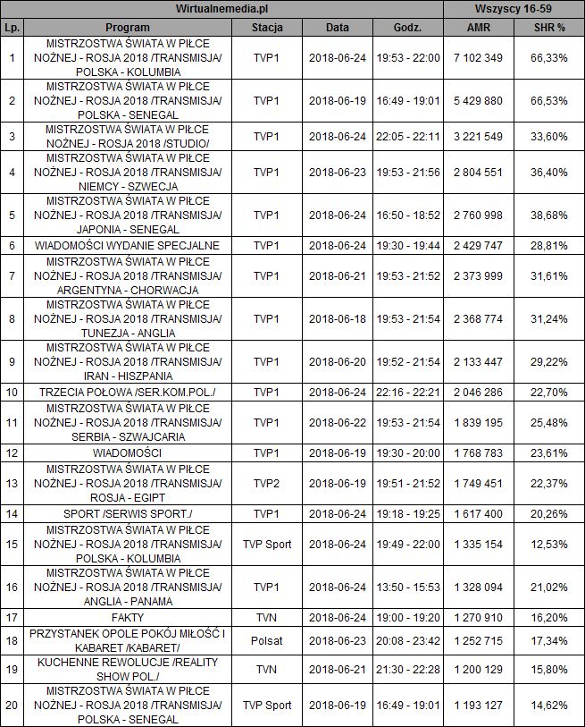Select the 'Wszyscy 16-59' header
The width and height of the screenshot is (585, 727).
tap(514, 9)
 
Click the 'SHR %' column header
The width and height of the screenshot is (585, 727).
tap(549, 28)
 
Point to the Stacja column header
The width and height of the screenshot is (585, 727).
tap(267, 28)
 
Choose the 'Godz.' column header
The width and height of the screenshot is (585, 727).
tap(408, 28)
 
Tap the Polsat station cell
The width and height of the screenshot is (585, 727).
tap(267, 641)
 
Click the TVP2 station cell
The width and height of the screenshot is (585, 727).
tap(267, 484)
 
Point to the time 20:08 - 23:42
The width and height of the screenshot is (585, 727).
tap(408, 641)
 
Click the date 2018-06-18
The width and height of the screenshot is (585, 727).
tap(338, 319)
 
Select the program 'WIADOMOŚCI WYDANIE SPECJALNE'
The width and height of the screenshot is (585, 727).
tap(127, 244)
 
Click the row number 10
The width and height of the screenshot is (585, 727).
tap(12, 391)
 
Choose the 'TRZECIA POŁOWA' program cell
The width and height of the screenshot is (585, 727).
tap(127, 391)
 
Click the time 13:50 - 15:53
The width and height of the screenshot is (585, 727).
tap(408, 588)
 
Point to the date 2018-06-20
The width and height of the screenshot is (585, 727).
tap(338, 362)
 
